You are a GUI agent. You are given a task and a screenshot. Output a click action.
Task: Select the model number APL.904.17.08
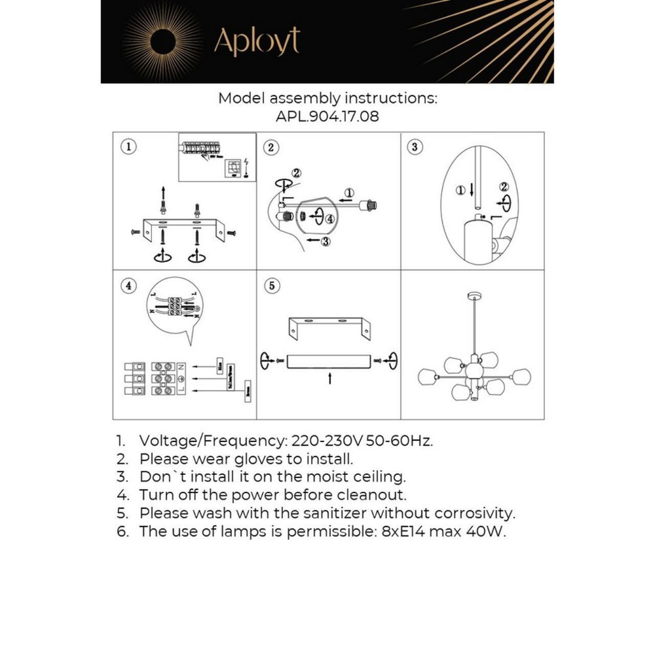[x=327, y=117]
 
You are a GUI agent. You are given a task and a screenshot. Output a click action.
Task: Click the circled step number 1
[x=128, y=147]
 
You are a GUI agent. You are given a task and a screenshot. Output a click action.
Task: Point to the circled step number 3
[x=414, y=147]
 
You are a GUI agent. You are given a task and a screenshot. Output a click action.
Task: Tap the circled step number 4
[x=128, y=286]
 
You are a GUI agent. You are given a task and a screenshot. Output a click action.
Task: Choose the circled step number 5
[x=272, y=286]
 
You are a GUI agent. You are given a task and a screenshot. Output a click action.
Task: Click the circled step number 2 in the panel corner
[x=271, y=147]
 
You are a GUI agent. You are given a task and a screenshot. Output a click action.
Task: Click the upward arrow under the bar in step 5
[x=330, y=379]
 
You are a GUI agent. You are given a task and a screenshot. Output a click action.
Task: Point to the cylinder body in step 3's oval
[x=478, y=242]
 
